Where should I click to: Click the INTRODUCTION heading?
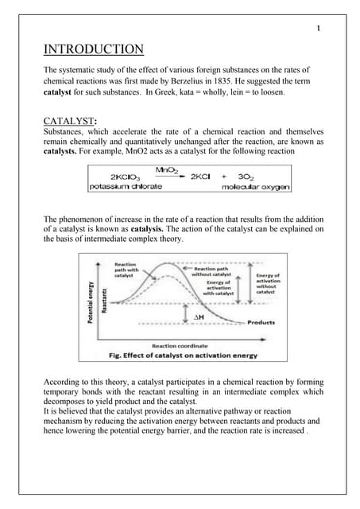93,49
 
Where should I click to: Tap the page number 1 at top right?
319,29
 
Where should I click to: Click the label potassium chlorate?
126,186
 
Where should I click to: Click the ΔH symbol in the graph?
199,317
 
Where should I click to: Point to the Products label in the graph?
261,323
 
